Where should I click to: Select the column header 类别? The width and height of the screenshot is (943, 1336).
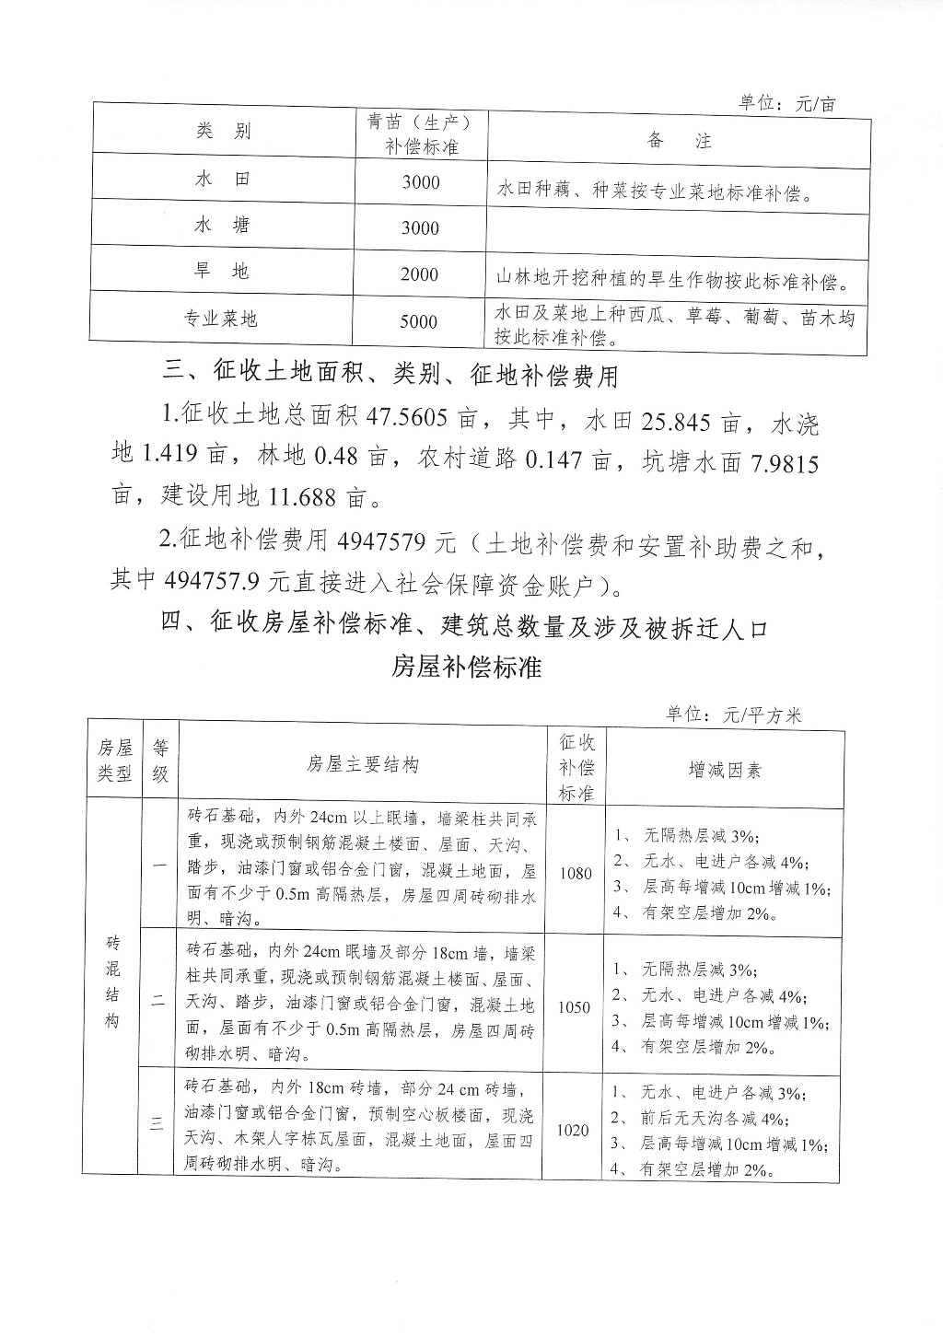click(x=223, y=131)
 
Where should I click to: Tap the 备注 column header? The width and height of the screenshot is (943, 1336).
click(x=679, y=141)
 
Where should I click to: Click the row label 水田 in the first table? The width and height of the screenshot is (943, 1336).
click(x=223, y=179)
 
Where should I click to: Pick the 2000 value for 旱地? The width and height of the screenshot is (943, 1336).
click(x=420, y=274)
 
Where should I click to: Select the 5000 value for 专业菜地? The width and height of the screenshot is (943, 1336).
click(x=420, y=321)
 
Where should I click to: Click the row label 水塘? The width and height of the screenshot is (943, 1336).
click(x=223, y=225)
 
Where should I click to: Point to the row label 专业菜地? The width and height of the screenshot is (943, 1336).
click(x=221, y=319)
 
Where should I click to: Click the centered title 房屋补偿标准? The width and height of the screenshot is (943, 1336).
click(x=467, y=667)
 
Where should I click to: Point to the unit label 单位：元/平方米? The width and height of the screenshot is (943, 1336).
click(x=734, y=715)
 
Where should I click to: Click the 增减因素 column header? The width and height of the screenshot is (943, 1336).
click(x=725, y=770)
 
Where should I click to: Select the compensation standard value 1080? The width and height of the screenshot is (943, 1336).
click(x=575, y=873)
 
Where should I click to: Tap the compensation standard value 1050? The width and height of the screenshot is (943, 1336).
click(x=574, y=1007)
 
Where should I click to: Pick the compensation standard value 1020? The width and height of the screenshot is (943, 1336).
click(x=573, y=1131)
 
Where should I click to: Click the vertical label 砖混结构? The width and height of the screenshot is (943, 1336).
click(x=113, y=982)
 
